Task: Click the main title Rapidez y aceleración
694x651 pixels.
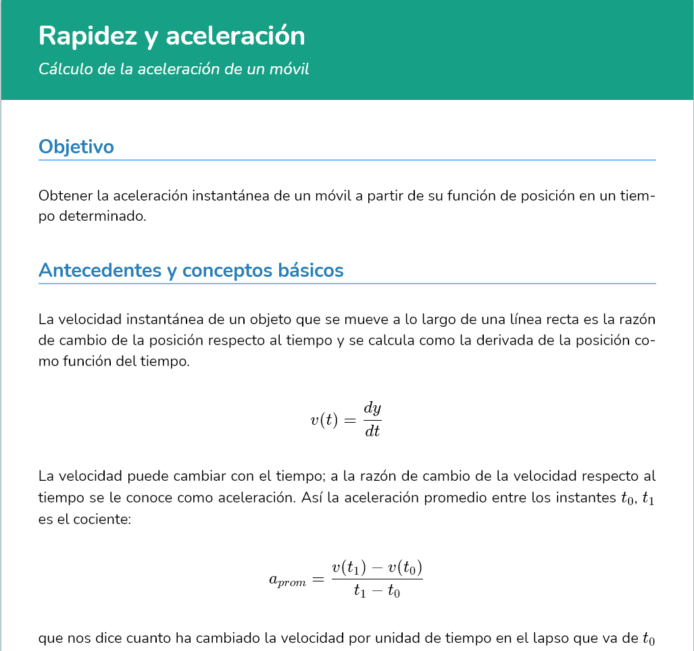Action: click(x=172, y=36)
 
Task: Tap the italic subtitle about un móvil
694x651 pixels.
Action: click(x=174, y=69)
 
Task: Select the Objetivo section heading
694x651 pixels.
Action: click(x=76, y=147)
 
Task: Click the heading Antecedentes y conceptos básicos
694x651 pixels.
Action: click(x=191, y=270)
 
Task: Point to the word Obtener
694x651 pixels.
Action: click(x=66, y=197)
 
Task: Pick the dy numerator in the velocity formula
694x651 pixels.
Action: click(x=372, y=408)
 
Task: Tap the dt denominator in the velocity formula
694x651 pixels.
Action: click(x=372, y=431)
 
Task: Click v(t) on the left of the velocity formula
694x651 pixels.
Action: click(x=324, y=420)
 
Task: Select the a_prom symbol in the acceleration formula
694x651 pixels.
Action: click(x=287, y=580)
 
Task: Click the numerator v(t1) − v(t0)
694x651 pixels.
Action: click(x=376, y=568)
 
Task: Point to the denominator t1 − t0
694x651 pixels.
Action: click(x=376, y=592)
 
